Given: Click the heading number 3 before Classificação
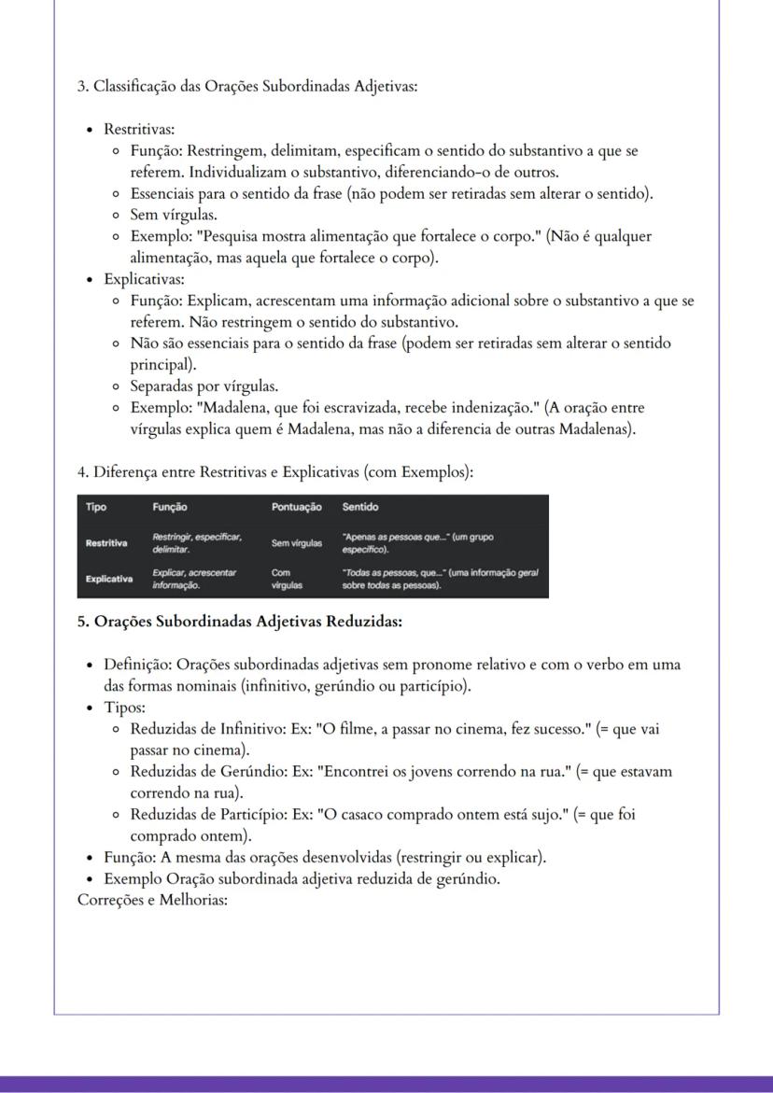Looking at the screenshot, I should point(81,87).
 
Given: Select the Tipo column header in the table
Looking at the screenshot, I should point(96,507).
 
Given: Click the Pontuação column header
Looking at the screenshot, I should point(296,507).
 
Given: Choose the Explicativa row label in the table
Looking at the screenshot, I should point(109,579).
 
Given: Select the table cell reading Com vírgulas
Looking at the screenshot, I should point(286,579).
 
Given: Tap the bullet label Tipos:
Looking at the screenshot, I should point(124,708).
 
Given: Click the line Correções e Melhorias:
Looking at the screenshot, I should point(152,901).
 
